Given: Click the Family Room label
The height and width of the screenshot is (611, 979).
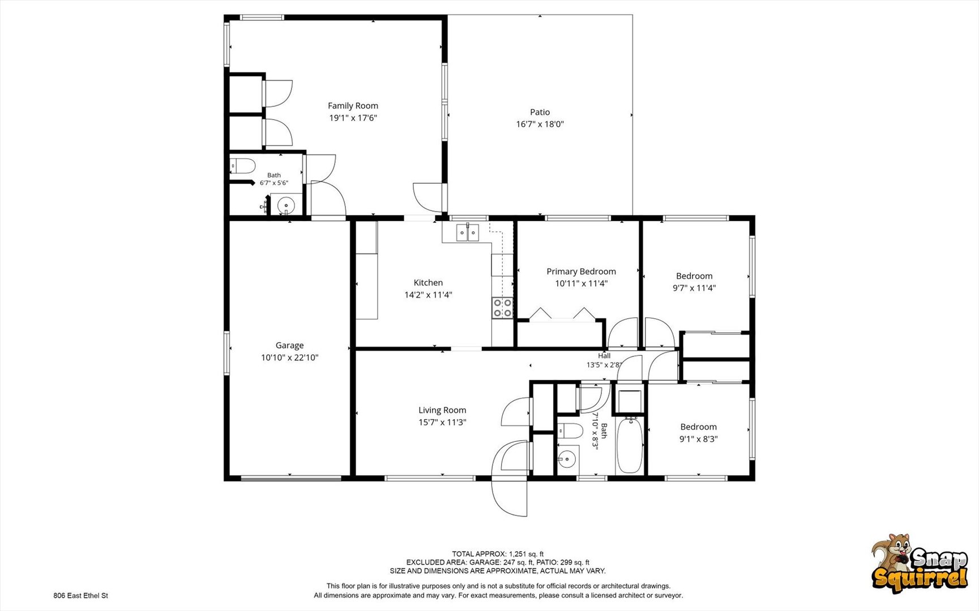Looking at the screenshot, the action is (353, 106).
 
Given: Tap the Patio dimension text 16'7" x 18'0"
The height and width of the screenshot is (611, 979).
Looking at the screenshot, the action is (540, 124).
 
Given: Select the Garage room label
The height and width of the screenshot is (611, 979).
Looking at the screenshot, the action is (289, 345).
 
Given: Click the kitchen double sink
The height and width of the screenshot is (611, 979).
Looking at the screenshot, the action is (468, 233).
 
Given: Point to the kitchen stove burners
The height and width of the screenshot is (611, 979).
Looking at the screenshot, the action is (503, 308).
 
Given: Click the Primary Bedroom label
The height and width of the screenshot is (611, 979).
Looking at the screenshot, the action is (581, 272).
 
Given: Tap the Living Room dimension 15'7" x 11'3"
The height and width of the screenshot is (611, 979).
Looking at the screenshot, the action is (442, 423).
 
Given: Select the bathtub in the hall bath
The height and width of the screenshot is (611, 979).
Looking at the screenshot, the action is (629, 445).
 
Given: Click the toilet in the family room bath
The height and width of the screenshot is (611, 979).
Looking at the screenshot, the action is (242, 166).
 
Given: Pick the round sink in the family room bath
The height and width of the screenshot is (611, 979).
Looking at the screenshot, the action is (286, 205).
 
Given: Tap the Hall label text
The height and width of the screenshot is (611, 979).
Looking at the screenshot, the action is (604, 356).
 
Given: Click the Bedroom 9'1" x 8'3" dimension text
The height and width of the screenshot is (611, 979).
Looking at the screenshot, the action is (698, 439).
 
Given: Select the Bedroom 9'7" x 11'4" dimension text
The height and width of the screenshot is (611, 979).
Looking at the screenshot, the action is (694, 288).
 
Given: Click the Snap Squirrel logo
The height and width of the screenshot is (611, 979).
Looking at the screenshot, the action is (919, 563).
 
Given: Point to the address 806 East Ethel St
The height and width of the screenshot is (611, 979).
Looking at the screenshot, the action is (80, 596).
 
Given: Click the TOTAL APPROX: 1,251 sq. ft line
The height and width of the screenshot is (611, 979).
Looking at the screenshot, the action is (498, 554).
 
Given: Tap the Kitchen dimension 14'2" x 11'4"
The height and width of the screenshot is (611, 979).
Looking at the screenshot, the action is (428, 295).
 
